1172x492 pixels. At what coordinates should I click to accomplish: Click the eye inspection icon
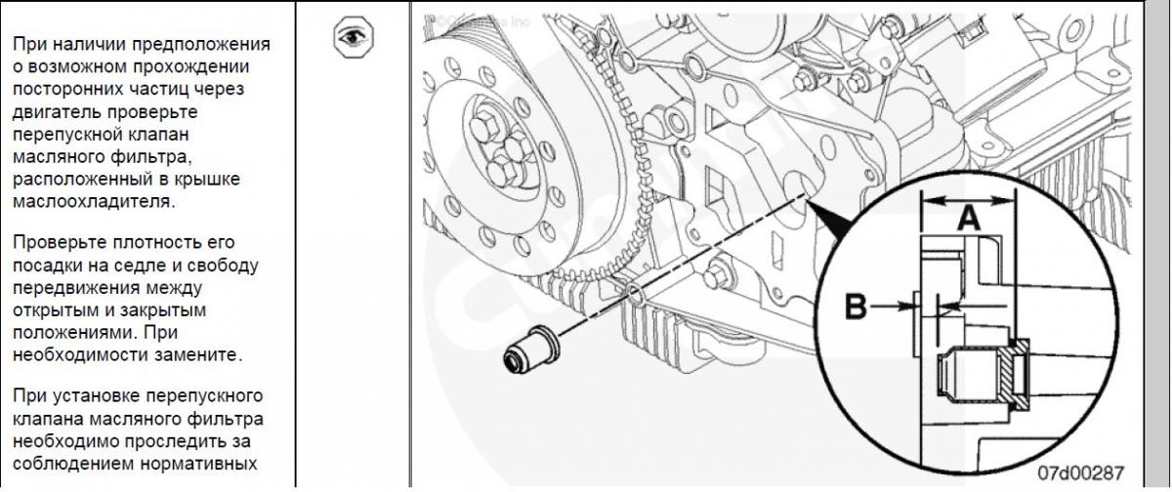coord(354,36)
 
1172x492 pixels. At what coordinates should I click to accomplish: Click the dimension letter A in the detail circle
coord(969,219)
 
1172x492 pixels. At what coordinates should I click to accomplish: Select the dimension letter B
coord(856,307)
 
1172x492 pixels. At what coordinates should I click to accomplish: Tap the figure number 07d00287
coord(1081,472)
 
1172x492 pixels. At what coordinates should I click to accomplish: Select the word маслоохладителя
coord(94,201)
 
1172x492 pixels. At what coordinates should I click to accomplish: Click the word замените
coord(198,355)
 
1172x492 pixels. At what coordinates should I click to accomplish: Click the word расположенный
coord(77,180)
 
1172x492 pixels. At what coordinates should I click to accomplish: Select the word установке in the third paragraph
coord(97,396)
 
